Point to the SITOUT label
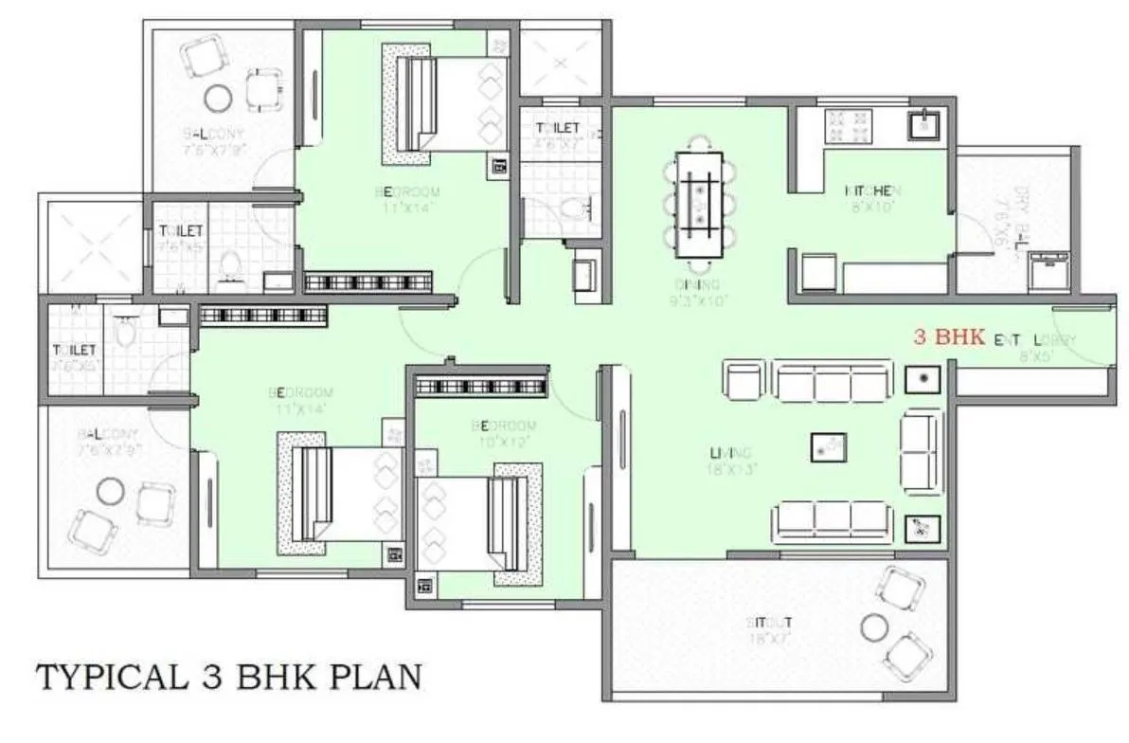tap(769, 623)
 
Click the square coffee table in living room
tap(828, 447)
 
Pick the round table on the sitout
tap(872, 624)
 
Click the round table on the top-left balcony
tap(218, 98)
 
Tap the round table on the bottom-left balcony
tap(112, 491)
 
